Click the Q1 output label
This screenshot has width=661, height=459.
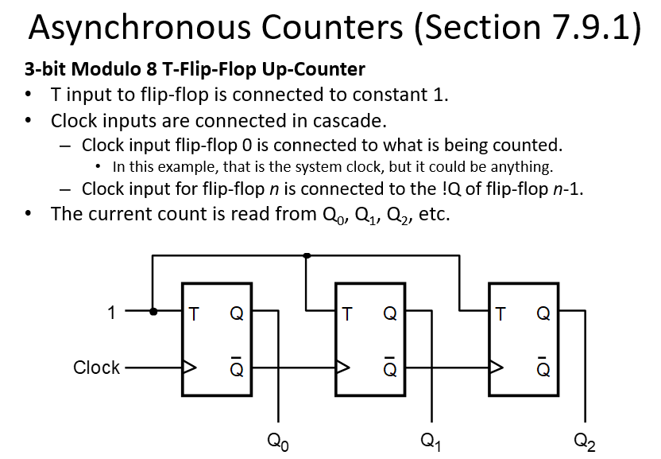[431, 440]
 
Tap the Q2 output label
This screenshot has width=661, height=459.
[584, 440]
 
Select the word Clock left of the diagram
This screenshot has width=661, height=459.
[96, 368]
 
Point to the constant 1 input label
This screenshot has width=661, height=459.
[112, 313]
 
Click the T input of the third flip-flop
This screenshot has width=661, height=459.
[501, 313]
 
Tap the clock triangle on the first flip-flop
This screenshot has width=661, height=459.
[190, 368]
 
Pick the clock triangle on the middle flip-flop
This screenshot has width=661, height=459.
[343, 368]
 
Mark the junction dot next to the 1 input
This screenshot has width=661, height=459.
[153, 312]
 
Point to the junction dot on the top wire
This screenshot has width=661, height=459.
[307, 255]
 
